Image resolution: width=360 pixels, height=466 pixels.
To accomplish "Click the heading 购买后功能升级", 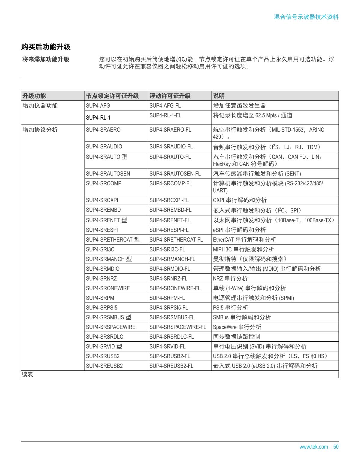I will [46, 47].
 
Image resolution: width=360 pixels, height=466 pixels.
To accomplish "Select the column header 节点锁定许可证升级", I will [112, 96].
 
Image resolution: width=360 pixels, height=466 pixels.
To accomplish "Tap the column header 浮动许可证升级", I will [170, 96].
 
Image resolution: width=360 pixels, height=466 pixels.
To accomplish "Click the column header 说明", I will [219, 96].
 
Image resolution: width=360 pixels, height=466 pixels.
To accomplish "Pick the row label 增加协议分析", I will [40, 130].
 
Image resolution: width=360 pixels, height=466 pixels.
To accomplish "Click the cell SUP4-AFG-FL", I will [165, 105].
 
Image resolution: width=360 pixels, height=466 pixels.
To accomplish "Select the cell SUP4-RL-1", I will [98, 117].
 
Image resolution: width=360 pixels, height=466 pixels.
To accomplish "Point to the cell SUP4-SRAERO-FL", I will [170, 130].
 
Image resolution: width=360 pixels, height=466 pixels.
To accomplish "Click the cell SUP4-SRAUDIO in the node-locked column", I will [104, 147].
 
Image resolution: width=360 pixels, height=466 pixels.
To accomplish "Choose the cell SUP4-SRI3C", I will [100, 249].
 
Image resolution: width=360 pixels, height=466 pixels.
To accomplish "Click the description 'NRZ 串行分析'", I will [230, 279].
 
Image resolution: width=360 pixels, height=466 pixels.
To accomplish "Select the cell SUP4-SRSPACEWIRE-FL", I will [178, 327].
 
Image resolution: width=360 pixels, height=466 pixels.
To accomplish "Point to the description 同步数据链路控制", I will [236, 337].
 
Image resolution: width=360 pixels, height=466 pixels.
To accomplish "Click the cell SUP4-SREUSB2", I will [104, 366].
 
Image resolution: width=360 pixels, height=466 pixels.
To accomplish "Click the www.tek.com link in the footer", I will [313, 447].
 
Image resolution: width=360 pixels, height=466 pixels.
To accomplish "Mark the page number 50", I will [336, 447].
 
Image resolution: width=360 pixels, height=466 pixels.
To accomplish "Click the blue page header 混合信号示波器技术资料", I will [306, 17].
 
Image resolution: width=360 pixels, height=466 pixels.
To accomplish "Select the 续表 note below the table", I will [27, 374].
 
